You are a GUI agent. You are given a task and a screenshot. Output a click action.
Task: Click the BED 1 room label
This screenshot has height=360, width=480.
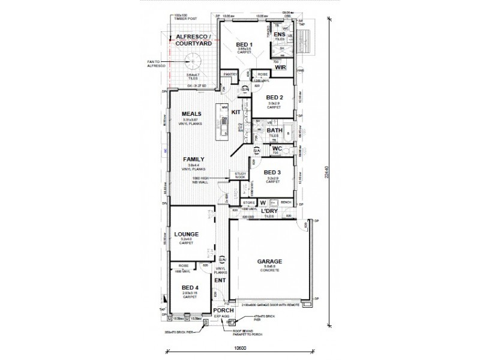(244, 44)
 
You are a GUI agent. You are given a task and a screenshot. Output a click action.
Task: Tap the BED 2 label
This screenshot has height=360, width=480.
(275, 97)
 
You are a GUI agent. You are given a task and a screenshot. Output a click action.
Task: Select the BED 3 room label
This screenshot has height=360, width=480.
(272, 172)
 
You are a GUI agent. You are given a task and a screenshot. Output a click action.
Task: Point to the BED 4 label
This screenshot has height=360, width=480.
(190, 287)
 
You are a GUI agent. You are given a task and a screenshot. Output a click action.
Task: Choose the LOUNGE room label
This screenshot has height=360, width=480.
(187, 235)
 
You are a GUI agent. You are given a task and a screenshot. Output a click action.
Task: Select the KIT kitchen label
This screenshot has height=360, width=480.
(236, 112)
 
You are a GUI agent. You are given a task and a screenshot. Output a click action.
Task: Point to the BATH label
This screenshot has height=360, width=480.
(274, 130)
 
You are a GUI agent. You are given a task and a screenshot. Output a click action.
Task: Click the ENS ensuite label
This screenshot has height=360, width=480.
(279, 37)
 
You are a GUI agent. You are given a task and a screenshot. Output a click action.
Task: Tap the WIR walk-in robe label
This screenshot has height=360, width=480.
(280, 68)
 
